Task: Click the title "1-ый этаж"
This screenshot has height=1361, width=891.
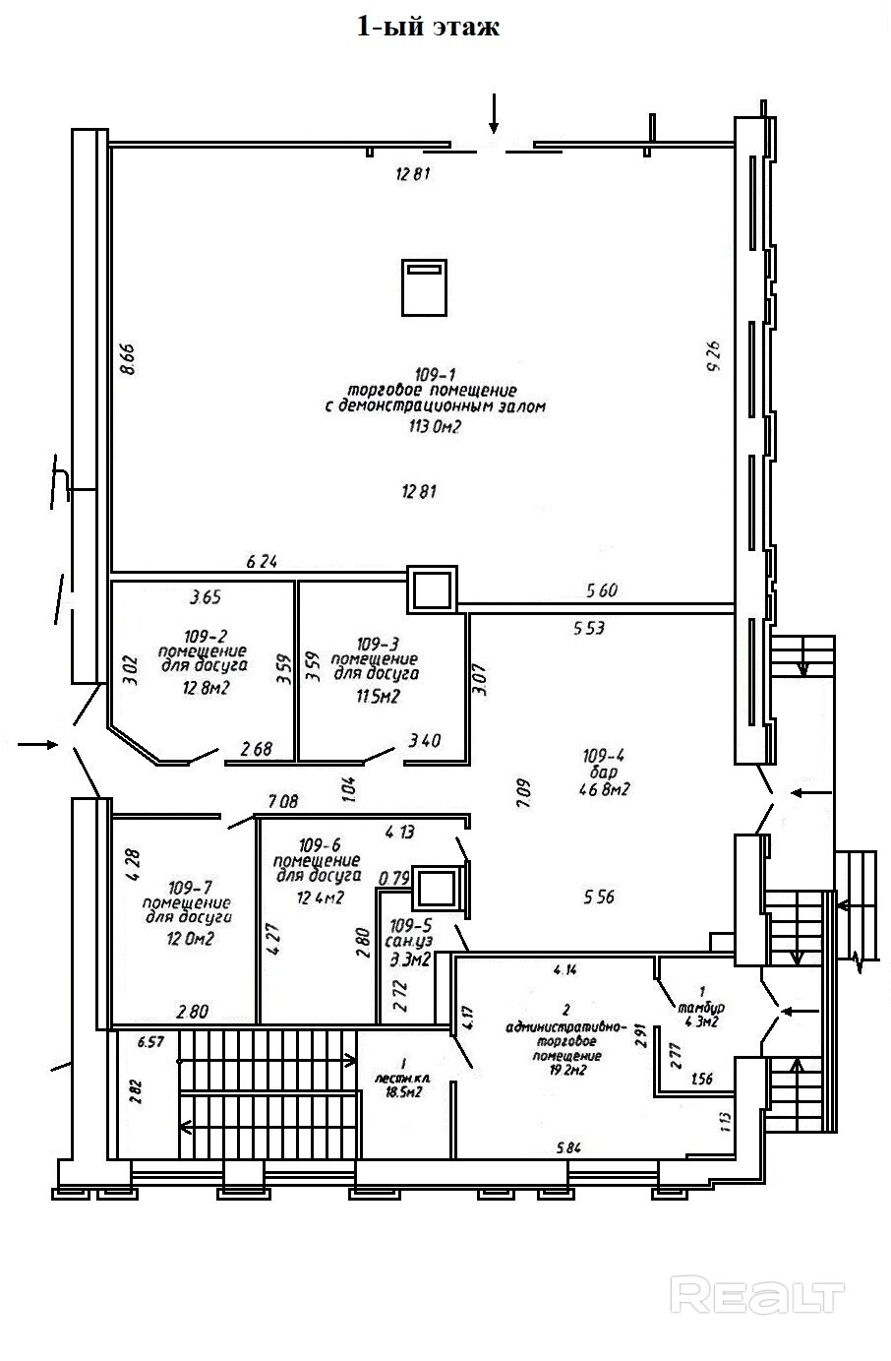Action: [428, 27]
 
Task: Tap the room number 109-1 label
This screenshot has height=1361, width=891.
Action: [435, 374]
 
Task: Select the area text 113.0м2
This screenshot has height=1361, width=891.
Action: [435, 427]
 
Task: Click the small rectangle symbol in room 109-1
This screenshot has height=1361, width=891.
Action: [424, 286]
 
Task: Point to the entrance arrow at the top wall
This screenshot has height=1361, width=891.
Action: [494, 112]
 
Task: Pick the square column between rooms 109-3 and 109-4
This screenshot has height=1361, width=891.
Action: [433, 589]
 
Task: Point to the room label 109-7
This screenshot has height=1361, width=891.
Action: [187, 885]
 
